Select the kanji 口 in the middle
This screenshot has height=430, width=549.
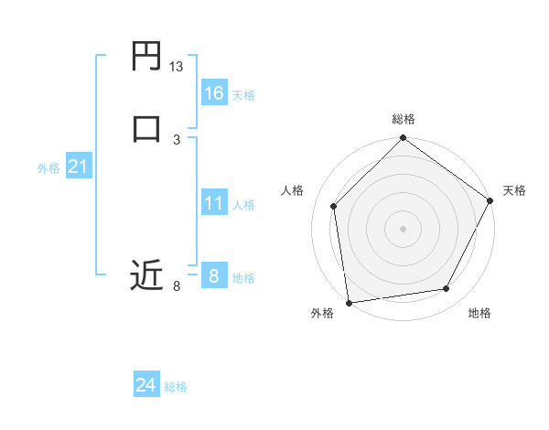point(146,127)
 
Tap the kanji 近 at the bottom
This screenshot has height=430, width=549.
point(146,275)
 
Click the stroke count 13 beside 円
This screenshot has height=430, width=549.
point(177,68)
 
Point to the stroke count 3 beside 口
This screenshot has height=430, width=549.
point(177,139)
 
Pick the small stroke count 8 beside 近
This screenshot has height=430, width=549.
point(177,287)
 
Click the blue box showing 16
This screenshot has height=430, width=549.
point(213,92)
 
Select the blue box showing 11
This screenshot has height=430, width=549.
point(213,203)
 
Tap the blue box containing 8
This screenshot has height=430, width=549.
point(213,276)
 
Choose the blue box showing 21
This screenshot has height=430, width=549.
point(78,167)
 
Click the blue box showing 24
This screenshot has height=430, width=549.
point(146,385)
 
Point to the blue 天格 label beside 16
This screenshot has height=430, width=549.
point(243,95)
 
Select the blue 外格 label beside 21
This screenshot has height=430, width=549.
point(48,169)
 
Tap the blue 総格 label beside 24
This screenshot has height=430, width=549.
point(176,388)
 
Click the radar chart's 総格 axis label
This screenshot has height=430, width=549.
point(404,119)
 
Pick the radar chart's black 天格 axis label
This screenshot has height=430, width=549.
point(514,190)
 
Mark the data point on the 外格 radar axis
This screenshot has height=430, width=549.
point(349,302)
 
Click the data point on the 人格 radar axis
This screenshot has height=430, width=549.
point(334,206)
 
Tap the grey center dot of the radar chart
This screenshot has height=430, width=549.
point(404,228)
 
